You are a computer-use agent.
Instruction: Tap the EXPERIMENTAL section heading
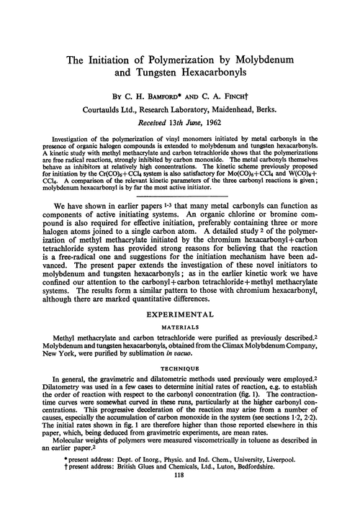[179, 314]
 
